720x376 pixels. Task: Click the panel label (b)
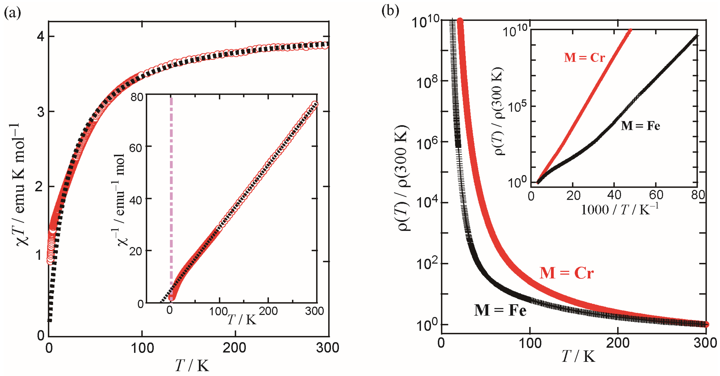click(x=390, y=11)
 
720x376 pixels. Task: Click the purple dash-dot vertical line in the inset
click(x=171, y=195)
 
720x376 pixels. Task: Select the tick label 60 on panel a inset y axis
click(x=136, y=148)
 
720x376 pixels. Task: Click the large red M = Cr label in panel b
click(x=566, y=273)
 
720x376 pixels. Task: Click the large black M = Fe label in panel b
click(x=500, y=310)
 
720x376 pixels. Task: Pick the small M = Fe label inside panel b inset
click(x=640, y=126)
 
